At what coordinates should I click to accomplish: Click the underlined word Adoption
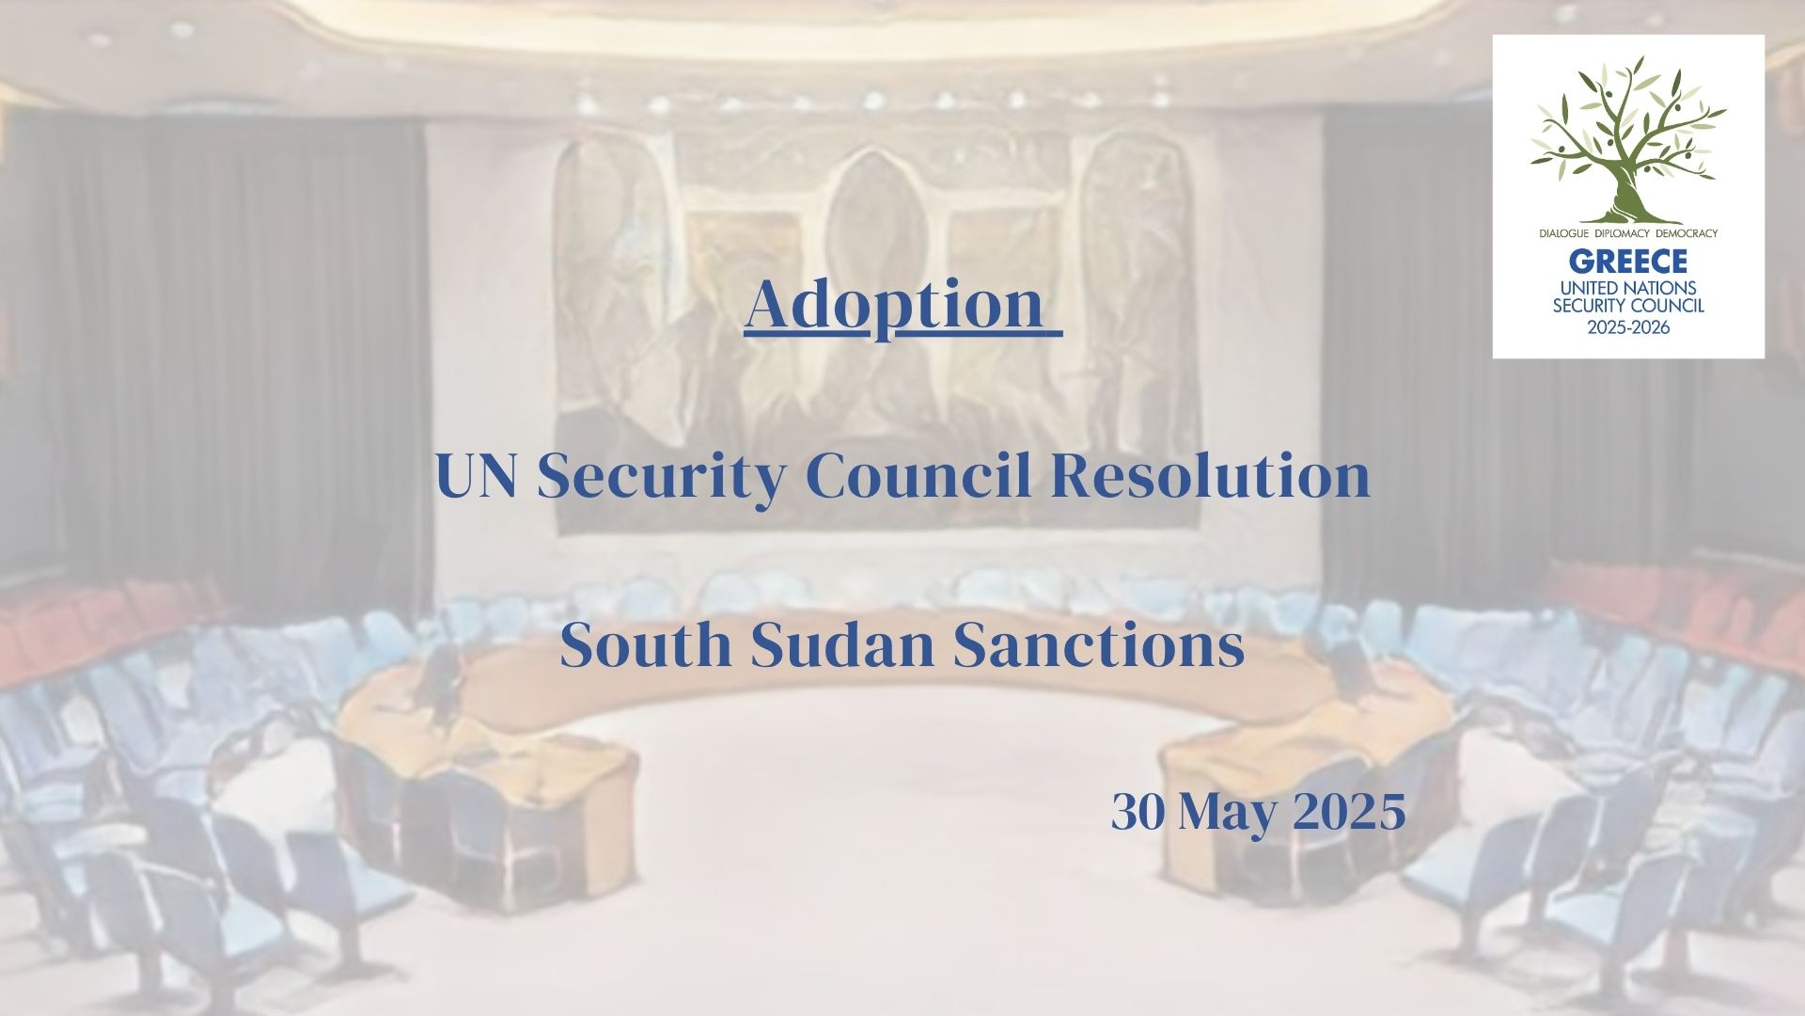895,307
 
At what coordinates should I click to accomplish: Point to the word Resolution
1211,476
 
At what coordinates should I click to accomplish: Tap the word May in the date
1228,815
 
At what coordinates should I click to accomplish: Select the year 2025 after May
1349,812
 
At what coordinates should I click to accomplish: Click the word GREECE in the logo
1628,261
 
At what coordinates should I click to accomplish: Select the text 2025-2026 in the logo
1628,327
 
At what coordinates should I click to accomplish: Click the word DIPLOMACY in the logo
1626,232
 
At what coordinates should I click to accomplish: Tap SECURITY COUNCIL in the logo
1628,306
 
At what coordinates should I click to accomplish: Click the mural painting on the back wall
879,329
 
